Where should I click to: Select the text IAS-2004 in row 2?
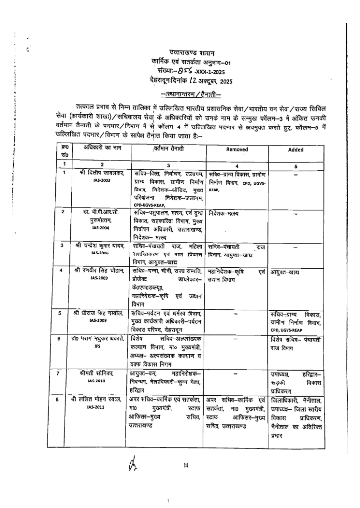[101, 228]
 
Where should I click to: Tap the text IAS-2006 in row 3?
[101, 253]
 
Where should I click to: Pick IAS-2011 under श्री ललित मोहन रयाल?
[101, 407]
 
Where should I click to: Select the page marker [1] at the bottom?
[185, 465]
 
